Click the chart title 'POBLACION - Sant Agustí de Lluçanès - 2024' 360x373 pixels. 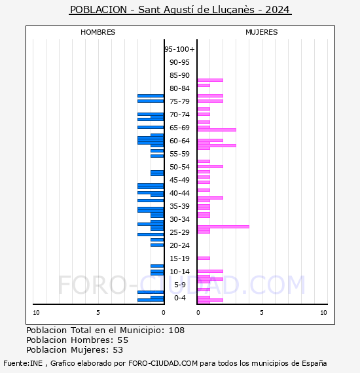pyautogui.click(x=180, y=10)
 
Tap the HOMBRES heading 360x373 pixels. pyautogui.click(x=98, y=32)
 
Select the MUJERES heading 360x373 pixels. pyautogui.click(x=262, y=32)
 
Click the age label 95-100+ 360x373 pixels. pyautogui.click(x=179, y=49)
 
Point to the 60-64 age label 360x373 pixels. pyautogui.click(x=179, y=141)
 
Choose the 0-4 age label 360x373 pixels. pyautogui.click(x=180, y=298)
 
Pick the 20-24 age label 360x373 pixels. pyautogui.click(x=179, y=245)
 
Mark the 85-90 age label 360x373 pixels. pyautogui.click(x=179, y=75)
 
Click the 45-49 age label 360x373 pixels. pyautogui.click(x=179, y=180)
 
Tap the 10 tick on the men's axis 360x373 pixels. pyautogui.click(x=36, y=313)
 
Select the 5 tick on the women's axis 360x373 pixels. pyautogui.click(x=262, y=313)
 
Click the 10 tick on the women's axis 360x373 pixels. pyautogui.click(x=323, y=313)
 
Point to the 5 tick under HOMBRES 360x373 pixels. pyautogui.click(x=98, y=313)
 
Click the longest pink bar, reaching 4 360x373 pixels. pyautogui.click(x=223, y=226)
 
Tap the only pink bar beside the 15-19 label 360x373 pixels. pyautogui.click(x=204, y=258)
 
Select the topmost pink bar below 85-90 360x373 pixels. pyautogui.click(x=210, y=80)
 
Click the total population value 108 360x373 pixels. pyautogui.click(x=177, y=330)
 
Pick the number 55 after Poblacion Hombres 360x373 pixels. pyautogui.click(x=123, y=340)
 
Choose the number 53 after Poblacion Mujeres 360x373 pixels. pyautogui.click(x=118, y=350)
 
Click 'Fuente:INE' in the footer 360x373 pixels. pyautogui.click(x=23, y=363)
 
